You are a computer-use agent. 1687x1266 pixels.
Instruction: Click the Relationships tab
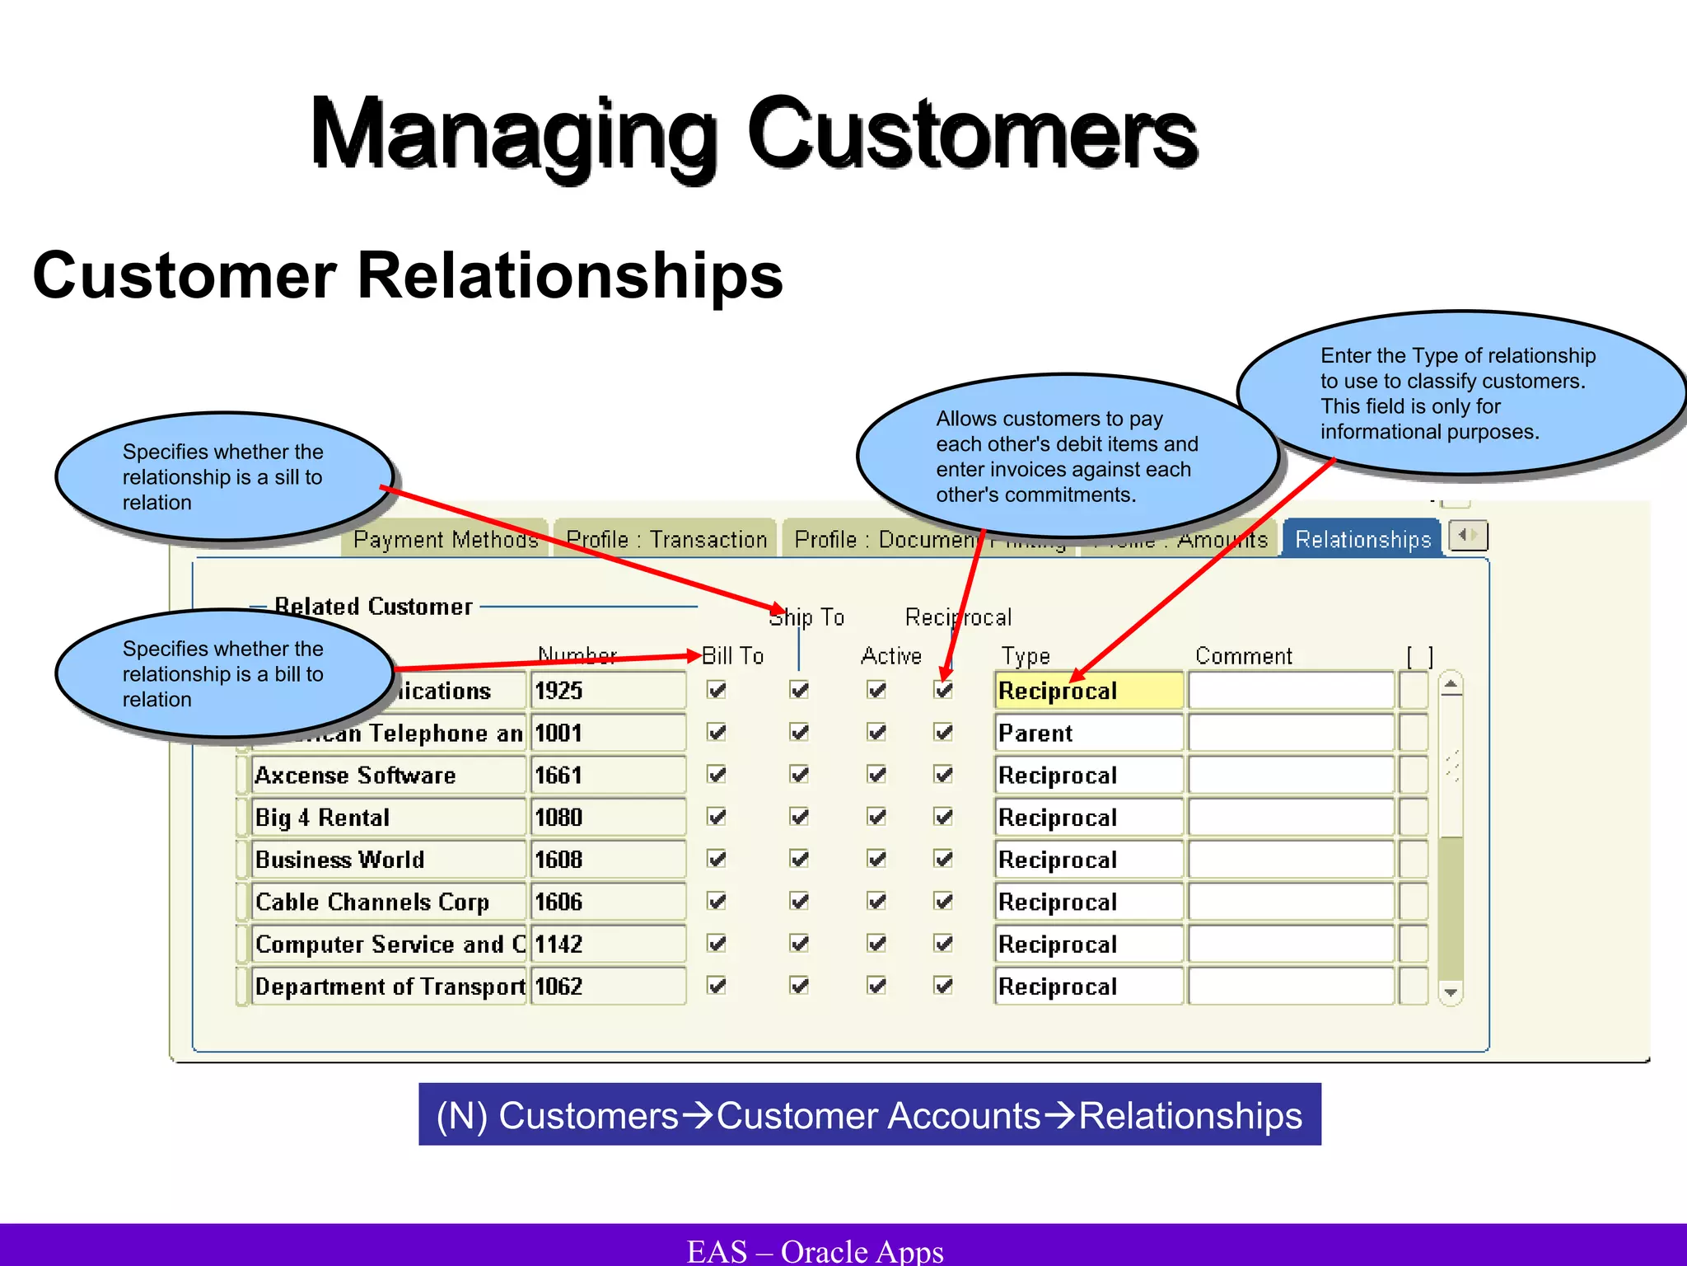[x=1362, y=540]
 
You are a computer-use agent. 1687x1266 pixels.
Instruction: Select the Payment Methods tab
[x=446, y=540]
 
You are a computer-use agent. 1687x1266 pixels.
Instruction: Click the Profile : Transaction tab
[x=666, y=540]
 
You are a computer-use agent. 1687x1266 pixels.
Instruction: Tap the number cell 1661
[x=607, y=776]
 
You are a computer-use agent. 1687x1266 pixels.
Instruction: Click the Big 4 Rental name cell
[x=387, y=818]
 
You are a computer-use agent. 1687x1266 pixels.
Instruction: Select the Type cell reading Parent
[x=1087, y=734]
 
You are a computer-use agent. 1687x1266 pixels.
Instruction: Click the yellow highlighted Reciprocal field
[x=1087, y=691]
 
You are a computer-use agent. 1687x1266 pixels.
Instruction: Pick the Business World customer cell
[x=387, y=860]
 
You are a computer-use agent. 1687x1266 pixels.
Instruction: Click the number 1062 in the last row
[x=607, y=987]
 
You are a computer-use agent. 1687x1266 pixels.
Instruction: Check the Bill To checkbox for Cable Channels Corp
[x=717, y=902]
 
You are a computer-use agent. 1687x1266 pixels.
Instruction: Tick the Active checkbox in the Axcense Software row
[x=876, y=776]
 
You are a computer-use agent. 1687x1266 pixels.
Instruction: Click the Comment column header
[x=1243, y=656]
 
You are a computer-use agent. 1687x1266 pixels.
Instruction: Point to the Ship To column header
[x=806, y=617]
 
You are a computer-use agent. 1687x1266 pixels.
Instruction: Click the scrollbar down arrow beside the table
[x=1451, y=993]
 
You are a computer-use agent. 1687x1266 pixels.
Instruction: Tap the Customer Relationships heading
[x=408, y=275]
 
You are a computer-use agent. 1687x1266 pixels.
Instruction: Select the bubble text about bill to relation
[x=222, y=673]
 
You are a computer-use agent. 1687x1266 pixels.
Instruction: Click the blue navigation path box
[x=869, y=1115]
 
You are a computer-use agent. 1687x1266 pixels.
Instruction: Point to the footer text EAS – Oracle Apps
[x=815, y=1250]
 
